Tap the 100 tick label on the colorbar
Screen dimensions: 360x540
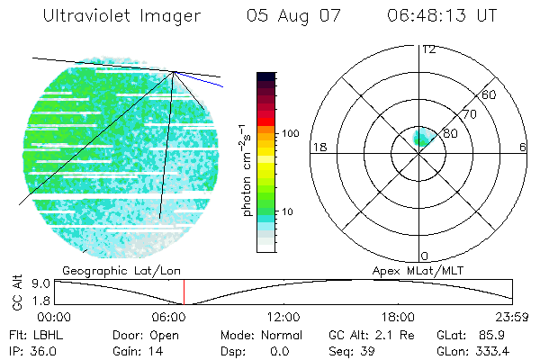291,133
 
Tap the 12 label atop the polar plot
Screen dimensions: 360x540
428,49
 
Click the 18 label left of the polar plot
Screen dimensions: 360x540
318,147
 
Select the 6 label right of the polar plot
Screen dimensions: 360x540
523,147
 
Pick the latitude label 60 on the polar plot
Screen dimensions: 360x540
490,94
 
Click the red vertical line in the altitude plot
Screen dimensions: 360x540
184,292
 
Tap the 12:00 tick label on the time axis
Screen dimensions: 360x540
284,317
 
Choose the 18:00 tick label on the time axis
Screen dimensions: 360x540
399,317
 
